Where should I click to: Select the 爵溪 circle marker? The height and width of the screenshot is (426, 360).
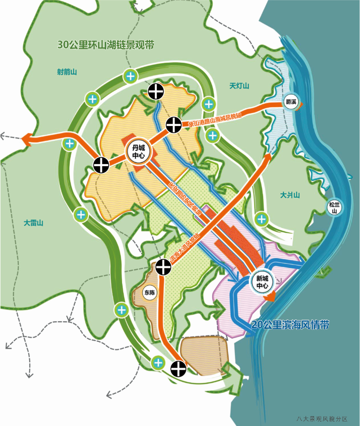pos(290,102)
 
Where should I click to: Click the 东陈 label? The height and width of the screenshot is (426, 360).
pos(149,293)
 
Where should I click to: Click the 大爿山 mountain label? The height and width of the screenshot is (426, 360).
pos(290,195)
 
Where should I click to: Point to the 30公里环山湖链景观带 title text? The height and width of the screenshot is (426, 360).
pos(106,45)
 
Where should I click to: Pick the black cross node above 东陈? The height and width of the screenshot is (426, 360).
pos(163,267)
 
